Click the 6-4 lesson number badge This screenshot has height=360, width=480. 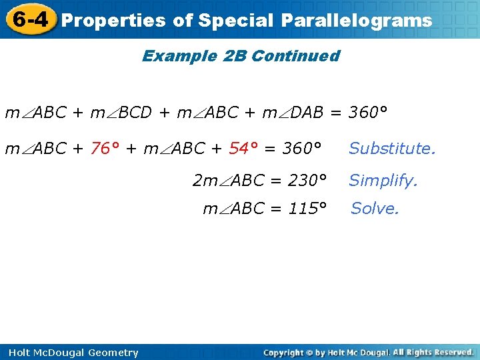pyautogui.click(x=29, y=19)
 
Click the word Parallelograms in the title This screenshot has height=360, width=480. pyautogui.click(x=356, y=21)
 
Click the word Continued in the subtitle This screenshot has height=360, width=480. pyautogui.click(x=296, y=56)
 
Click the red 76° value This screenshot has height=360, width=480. pyautogui.click(x=105, y=148)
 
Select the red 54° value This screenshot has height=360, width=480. pyautogui.click(x=243, y=148)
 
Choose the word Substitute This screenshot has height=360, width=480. pyautogui.click(x=392, y=148)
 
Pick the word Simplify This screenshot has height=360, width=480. pyautogui.click(x=383, y=180)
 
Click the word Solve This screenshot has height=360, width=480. pyautogui.click(x=375, y=209)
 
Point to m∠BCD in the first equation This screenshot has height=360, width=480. pyautogui.click(x=121, y=113)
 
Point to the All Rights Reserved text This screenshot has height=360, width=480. pyautogui.click(x=433, y=352)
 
